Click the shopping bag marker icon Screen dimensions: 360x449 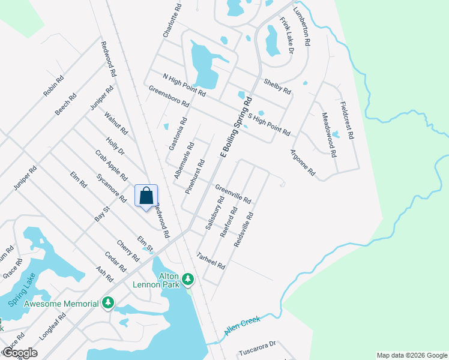click(x=146, y=196)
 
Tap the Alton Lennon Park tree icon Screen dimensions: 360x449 click(x=188, y=278)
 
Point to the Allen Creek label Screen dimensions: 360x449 click(x=243, y=326)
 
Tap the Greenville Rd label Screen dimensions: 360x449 click(x=233, y=193)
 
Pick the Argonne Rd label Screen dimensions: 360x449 click(x=303, y=163)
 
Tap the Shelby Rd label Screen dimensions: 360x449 click(x=277, y=86)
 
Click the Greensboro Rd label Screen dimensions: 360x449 click(x=169, y=95)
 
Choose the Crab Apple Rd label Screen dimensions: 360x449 click(x=111, y=165)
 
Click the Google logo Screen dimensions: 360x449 click(x=20, y=352)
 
